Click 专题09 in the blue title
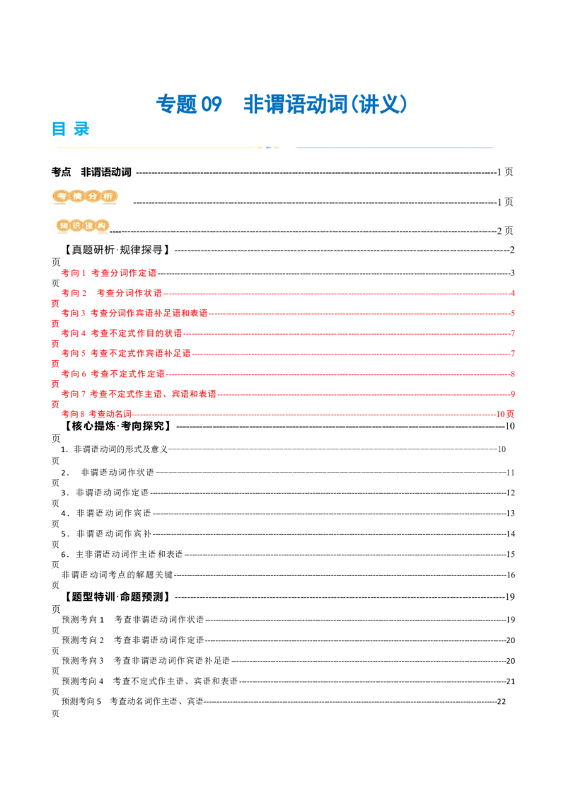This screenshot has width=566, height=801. tap(188, 104)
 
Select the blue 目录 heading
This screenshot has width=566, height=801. tap(71, 128)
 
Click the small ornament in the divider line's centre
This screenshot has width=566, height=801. tap(268, 147)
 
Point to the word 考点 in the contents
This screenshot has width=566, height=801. tap(62, 172)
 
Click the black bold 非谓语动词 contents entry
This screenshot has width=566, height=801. tap(106, 172)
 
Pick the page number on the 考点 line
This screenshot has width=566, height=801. tap(504, 172)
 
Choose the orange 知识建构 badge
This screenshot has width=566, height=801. tap(83, 226)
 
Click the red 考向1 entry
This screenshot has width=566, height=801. tap(108, 272)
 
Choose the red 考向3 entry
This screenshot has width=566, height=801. tap(134, 312)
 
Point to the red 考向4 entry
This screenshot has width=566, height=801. tap(121, 333)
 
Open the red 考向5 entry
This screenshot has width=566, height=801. tap(126, 352)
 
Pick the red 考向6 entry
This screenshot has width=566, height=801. tap(113, 373)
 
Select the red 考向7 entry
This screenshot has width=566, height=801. tap(139, 393)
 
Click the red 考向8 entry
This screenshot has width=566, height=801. tap(96, 413)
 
